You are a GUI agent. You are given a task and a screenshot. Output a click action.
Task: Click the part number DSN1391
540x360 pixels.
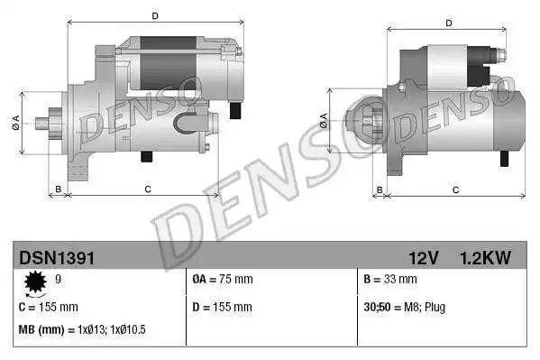coord(56,258)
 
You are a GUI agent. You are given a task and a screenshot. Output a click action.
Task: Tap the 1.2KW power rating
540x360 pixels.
coord(486,258)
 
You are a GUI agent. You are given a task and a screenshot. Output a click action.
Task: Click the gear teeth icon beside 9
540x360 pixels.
coord(36,284)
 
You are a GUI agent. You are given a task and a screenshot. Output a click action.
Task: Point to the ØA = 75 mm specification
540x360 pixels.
coord(223,280)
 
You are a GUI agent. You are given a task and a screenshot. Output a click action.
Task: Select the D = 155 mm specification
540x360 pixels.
coord(222,306)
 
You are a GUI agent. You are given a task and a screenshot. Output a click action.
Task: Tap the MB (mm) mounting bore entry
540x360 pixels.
coord(82,329)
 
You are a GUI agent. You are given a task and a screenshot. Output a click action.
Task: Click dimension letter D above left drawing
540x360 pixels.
coord(154,15)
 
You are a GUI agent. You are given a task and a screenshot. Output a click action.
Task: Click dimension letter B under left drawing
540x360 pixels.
coord(59,189)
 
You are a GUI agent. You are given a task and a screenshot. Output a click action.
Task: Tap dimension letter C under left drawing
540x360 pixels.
coord(147,189)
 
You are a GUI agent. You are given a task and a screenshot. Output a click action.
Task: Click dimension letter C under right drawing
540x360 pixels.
coord(455,189)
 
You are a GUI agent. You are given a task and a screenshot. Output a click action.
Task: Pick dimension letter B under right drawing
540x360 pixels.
coord(380,189)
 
